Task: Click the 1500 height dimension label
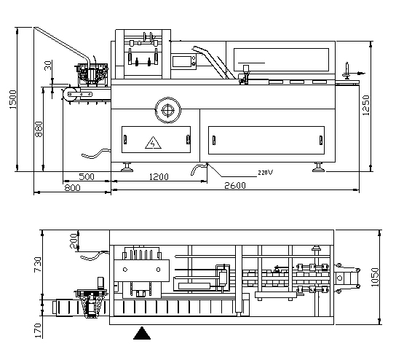pos(12,100)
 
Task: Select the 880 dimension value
pos(39,129)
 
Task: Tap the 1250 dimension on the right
pos(365,105)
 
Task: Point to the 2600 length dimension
pos(235,186)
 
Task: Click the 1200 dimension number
pos(159,176)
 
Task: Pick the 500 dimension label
pos(87,176)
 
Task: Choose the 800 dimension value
pos(73,188)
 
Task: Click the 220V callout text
pos(266,173)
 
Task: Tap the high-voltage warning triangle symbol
pos(153,143)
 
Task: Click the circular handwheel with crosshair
pos(167,110)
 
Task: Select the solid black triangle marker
pos(142,333)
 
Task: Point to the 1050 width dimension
pos(376,277)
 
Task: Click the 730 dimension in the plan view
pos(38,265)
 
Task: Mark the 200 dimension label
pos(74,241)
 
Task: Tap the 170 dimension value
pos(38,330)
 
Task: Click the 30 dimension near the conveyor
pos(48,66)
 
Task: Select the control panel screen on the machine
pos(182,62)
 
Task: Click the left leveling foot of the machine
pos(127,167)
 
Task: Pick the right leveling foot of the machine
pos(318,167)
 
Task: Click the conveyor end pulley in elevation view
pos(71,95)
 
